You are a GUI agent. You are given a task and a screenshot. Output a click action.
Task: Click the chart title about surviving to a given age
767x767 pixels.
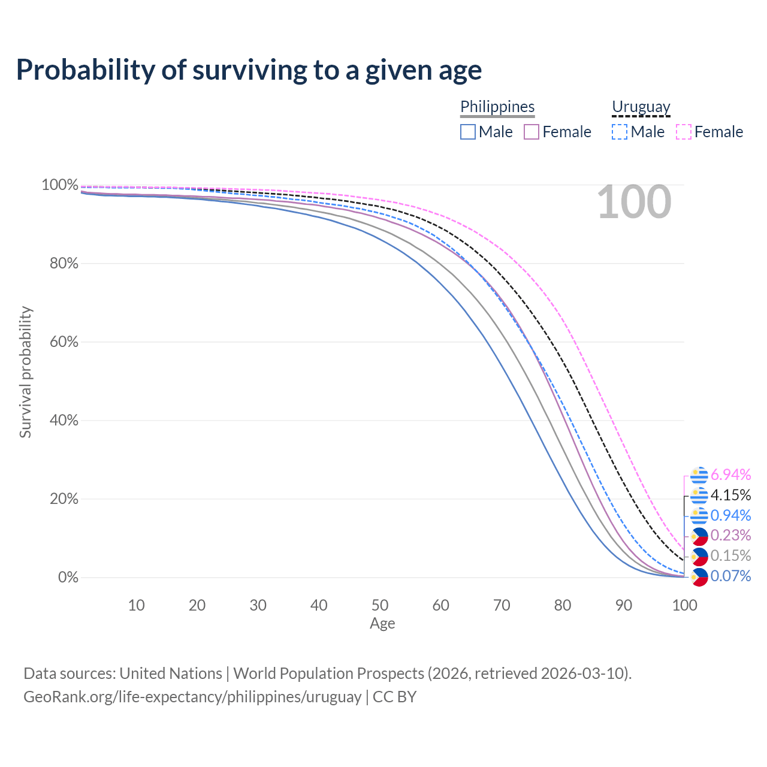pos(249,70)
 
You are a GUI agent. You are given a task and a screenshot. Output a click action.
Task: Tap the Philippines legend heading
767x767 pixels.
pos(497,107)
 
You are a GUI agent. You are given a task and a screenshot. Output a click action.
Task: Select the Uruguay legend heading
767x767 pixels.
pos(641,107)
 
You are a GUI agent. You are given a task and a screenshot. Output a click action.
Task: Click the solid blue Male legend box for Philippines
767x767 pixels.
pos(468,132)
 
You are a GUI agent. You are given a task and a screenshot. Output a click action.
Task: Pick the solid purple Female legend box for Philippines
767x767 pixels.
pos(532,132)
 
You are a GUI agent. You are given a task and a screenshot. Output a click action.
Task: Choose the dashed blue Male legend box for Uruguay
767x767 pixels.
pos(620,132)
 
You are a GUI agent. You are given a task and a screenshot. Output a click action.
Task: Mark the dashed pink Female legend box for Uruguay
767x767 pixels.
pos(684,132)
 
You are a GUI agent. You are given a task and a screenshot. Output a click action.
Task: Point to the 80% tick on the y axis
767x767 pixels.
pos(60,263)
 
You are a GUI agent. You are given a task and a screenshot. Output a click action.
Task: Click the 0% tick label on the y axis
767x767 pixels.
pos(68,578)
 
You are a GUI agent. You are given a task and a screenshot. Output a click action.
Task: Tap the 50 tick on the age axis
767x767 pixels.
pos(380,605)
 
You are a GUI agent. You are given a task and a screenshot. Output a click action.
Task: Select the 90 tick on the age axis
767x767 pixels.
pos(624,605)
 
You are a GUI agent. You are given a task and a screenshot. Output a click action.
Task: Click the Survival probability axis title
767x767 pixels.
pos(25,372)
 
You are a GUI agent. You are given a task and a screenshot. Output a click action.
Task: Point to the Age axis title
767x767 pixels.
pos(382,624)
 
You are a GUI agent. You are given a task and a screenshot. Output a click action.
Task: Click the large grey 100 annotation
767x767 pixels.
pos(634,203)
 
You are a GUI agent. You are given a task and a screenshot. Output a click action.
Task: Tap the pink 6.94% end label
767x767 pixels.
pos(730,475)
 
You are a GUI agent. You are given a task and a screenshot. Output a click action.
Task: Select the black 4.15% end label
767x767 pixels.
pos(730,495)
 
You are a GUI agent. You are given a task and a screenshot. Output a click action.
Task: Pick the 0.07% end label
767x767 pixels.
pos(730,576)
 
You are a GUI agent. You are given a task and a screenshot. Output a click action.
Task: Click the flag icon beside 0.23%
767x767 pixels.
pos(699,536)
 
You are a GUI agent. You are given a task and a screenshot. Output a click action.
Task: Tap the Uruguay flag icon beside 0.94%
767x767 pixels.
pos(699,515)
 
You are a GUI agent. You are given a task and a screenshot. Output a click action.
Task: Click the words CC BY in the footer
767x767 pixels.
pos(394,697)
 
